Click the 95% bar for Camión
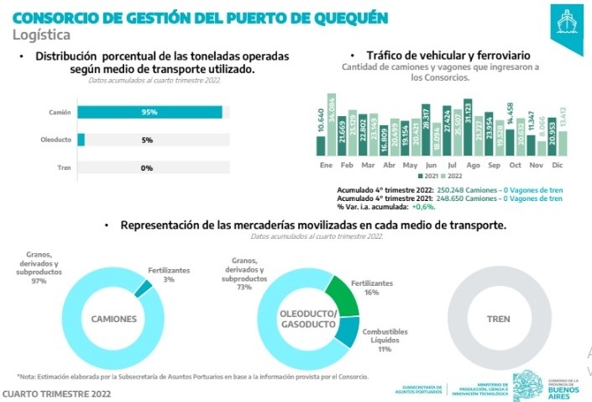click(149, 112)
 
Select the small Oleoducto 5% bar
click(81, 140)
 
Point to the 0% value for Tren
click(147, 167)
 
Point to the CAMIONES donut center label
click(114, 319)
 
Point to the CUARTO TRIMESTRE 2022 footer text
click(56, 393)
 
